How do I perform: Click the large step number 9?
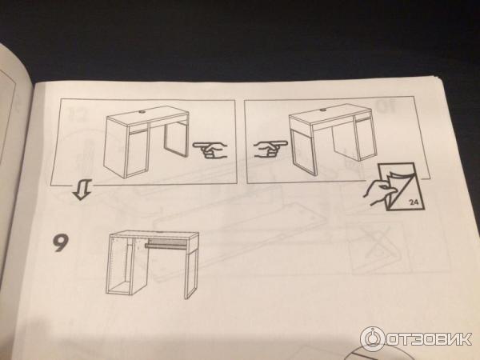tap(60, 242)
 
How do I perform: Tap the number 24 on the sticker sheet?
tap(414, 202)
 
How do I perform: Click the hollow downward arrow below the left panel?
tap(82, 190)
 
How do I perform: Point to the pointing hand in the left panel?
tap(210, 150)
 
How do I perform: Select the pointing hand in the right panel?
tap(270, 150)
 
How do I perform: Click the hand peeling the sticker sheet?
tap(378, 192)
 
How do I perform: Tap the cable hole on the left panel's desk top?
tap(142, 112)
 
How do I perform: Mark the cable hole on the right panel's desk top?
tap(323, 110)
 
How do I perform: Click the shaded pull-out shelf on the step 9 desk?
tap(166, 243)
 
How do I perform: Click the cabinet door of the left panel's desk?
tap(138, 153)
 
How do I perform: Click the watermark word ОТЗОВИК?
tap(429, 339)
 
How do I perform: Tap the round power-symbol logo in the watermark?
tap(373, 339)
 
